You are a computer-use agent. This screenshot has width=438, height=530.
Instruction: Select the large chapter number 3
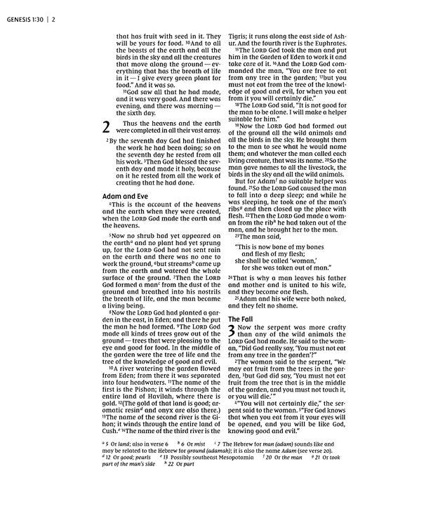(x=232, y=333)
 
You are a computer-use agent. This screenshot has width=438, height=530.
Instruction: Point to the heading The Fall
(x=242, y=318)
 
